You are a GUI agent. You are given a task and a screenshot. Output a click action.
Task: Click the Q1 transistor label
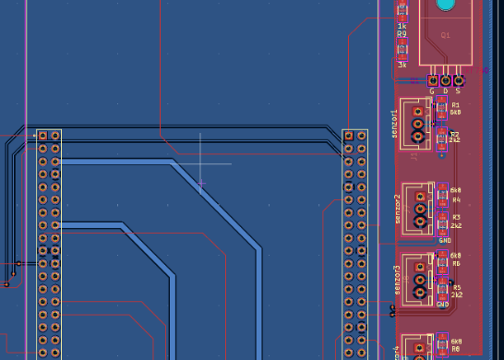click(445, 35)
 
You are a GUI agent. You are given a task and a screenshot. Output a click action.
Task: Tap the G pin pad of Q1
click(432, 80)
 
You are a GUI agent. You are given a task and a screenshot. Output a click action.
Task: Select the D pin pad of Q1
click(445, 80)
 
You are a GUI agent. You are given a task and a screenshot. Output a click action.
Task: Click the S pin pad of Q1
click(458, 80)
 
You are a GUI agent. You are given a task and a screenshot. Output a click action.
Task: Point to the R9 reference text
click(402, 33)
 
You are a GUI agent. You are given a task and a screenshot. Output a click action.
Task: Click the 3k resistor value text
click(402, 66)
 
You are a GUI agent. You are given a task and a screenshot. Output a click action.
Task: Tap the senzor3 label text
click(398, 281)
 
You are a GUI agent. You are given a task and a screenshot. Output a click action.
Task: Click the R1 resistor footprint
click(442, 109)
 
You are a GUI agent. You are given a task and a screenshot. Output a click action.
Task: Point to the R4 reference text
click(456, 199)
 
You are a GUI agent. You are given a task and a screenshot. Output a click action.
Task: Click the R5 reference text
click(456, 287)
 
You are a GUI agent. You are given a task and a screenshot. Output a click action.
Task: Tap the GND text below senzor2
click(444, 240)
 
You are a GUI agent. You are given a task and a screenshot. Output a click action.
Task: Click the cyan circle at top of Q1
click(445, 5)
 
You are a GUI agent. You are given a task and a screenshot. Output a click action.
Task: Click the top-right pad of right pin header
click(361, 136)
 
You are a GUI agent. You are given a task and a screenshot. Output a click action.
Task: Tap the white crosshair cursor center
click(201, 163)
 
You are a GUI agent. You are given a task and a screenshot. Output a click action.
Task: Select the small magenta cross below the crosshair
click(201, 184)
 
